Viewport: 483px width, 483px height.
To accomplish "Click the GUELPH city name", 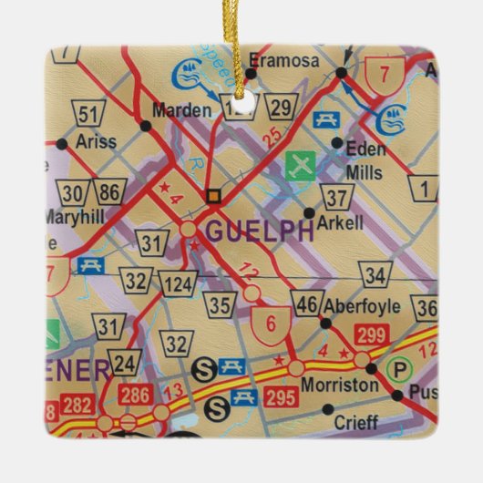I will pos(260,231).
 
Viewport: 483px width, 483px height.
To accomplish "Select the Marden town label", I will pos(176,111).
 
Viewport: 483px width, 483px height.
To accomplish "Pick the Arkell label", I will pos(343,222).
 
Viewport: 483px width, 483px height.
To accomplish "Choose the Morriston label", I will pos(339,385).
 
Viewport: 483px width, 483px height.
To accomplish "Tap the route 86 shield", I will pos(110,192).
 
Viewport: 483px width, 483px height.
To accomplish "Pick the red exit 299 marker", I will pos(372,335).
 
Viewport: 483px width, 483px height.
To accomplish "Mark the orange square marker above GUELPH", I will pos(212,195).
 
